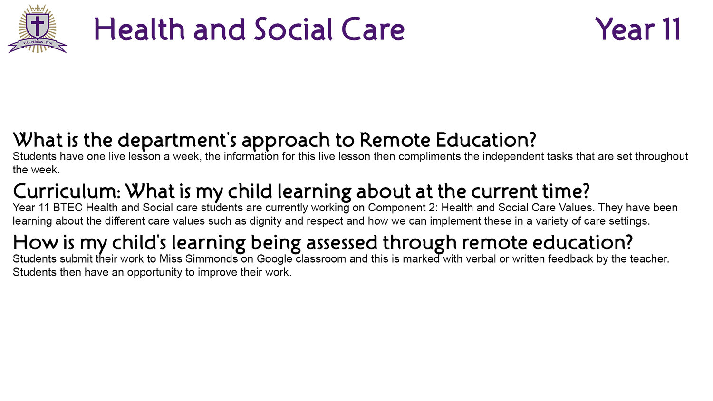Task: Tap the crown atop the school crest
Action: point(38,8)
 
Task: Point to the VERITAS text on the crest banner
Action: point(37,42)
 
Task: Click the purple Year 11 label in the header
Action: point(638,29)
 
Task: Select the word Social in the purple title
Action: point(293,29)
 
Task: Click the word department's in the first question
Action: point(177,141)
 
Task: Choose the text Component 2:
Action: point(403,208)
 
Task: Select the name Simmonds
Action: point(212,259)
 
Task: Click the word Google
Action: point(274,259)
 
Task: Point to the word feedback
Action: point(570,259)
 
